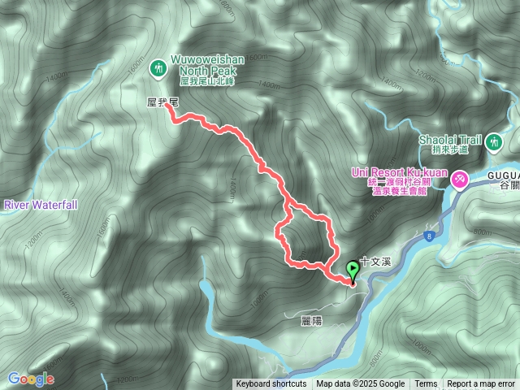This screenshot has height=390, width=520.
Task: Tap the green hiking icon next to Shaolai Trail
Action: coord(493,145)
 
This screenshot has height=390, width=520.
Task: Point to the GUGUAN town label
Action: coord(504,175)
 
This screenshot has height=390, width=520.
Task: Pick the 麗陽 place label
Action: coord(311,321)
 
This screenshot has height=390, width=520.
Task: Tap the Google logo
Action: coord(31,379)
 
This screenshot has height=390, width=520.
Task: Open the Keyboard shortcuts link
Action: coord(271,384)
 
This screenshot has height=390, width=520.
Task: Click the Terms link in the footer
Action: coord(426,384)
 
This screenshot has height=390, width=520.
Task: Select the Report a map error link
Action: coord(481,384)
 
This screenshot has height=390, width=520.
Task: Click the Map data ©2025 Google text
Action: coord(361,384)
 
